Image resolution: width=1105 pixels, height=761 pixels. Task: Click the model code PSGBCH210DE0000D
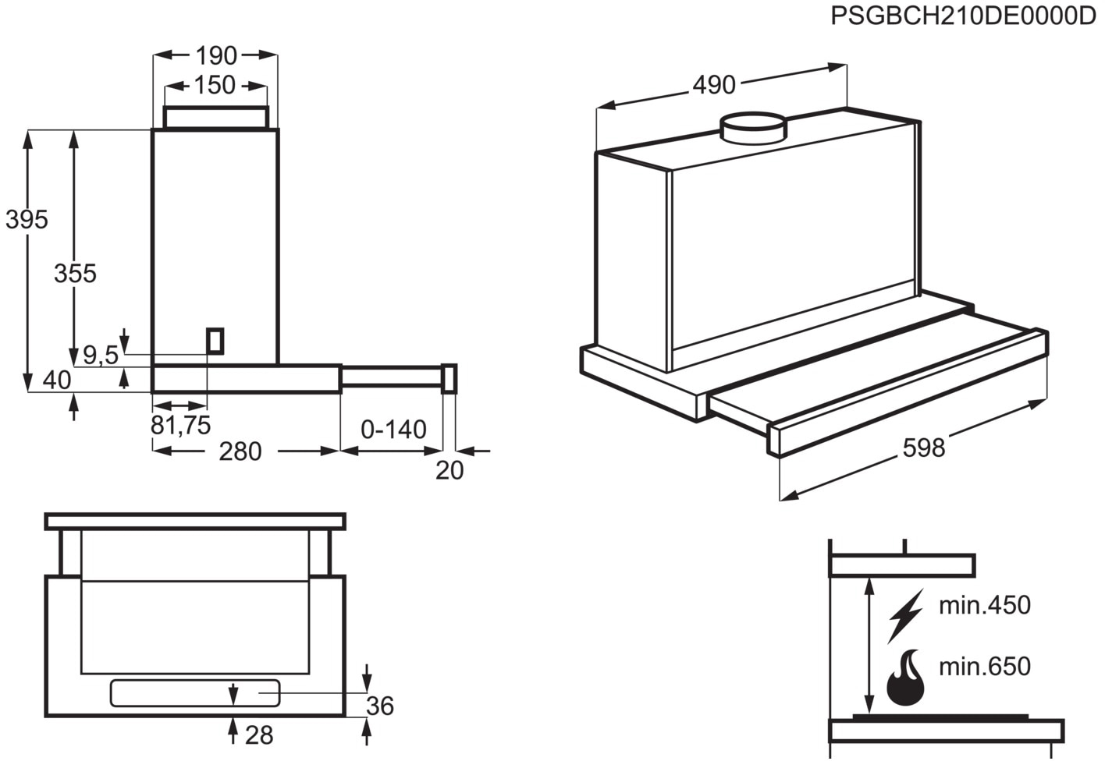[x=963, y=16]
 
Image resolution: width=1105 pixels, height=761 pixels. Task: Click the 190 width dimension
[x=216, y=56]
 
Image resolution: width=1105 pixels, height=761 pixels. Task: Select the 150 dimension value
[x=215, y=85]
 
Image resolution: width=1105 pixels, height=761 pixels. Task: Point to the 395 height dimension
[x=27, y=220]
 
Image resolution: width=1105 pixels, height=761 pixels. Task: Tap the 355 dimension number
[x=75, y=274]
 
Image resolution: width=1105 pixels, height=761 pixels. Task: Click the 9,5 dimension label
[x=100, y=356]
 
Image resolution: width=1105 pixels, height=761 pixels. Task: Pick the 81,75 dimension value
[x=180, y=425]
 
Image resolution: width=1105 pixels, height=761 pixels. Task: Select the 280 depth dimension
[x=240, y=451]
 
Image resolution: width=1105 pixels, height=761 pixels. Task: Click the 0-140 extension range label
[x=393, y=430]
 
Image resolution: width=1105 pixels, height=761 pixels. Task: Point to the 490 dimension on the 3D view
[x=714, y=84]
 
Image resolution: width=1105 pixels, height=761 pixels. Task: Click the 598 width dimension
[x=923, y=448]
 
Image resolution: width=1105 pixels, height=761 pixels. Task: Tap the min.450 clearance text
[x=984, y=605]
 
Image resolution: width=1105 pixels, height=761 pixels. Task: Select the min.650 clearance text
[x=984, y=667]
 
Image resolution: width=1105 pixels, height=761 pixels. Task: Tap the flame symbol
[x=906, y=678]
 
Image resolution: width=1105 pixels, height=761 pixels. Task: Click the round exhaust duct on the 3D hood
[x=753, y=127]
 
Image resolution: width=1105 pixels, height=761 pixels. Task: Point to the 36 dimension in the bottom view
[x=380, y=706]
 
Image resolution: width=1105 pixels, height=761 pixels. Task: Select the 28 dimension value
[x=259, y=734]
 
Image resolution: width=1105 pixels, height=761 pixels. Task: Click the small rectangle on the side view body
[x=215, y=341]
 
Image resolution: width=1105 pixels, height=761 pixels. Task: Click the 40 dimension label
[x=57, y=380]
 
